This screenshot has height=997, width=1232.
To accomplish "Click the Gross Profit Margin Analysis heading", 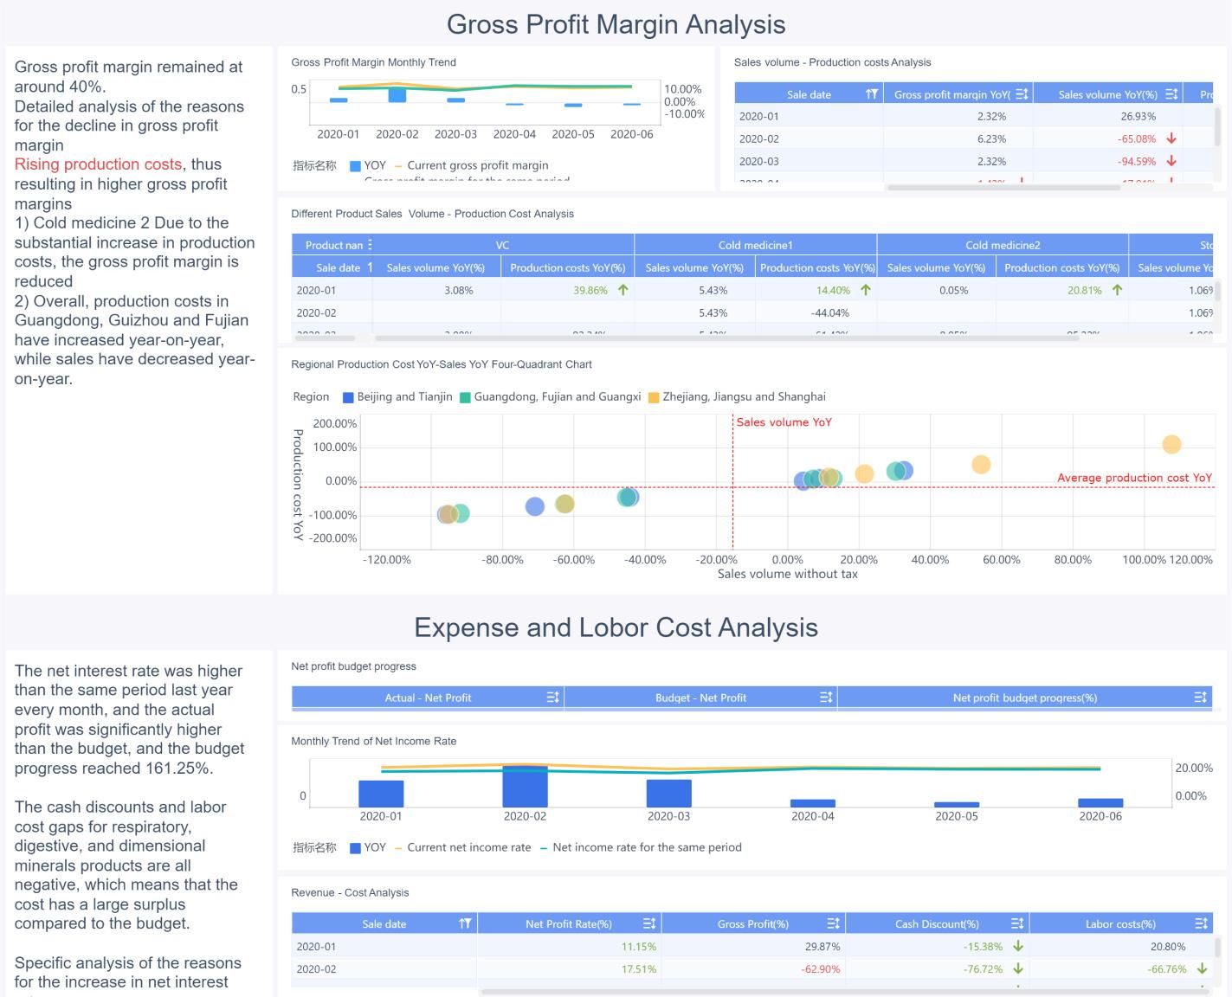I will coord(616,24).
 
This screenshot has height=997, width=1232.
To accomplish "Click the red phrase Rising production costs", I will coord(98,164).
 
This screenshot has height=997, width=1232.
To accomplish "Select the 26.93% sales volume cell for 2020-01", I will coord(1138,116).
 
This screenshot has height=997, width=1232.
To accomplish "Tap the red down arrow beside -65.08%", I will coord(1171,138).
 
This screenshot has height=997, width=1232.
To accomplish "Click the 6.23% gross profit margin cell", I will coord(991,138).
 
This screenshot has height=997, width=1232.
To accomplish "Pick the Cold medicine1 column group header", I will coord(755,245).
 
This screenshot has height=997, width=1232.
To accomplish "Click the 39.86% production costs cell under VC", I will coord(590,290).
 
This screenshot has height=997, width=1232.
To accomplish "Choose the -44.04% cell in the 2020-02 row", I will coord(829,312).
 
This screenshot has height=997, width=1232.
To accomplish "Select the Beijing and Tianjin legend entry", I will coord(397,396).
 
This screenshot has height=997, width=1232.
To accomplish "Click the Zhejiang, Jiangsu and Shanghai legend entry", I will coord(743,396).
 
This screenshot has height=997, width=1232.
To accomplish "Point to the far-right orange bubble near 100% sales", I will coord(1171,444).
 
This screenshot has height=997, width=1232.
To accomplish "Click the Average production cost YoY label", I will coord(1134,478).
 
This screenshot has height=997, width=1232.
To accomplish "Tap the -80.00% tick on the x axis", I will coord(503,560).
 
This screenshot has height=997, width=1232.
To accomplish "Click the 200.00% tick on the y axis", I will coord(335,423).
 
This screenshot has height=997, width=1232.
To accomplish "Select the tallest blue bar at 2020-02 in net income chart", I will coord(525,786).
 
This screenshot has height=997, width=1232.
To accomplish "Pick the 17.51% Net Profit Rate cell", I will coord(638,969).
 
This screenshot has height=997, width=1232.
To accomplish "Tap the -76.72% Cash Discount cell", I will coord(983,969).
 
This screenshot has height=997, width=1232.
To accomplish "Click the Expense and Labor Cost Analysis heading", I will coord(616,627).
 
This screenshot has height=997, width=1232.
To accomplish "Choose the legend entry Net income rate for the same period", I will coord(646,847).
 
